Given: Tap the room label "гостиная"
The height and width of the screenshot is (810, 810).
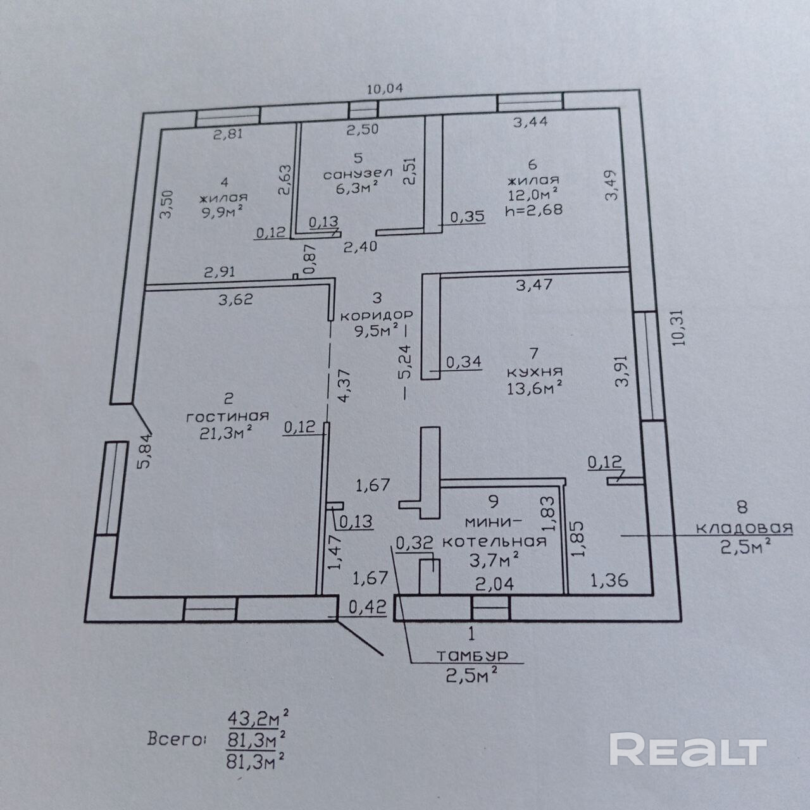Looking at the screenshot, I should pos(227,416).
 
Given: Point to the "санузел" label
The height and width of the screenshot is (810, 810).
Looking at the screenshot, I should pos(358,172).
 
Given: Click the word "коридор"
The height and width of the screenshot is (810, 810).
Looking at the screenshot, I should pos(377,315).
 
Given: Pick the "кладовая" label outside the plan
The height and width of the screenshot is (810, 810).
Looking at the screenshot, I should pos(744,528).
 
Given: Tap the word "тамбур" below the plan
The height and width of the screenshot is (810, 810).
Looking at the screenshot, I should pos(472,656).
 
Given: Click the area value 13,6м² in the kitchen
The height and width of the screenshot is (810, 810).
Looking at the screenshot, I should pos(535,387).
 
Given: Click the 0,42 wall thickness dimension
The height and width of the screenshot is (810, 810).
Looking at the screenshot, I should pos(366,607).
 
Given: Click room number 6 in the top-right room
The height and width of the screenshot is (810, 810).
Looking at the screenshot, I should pos(531,164).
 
